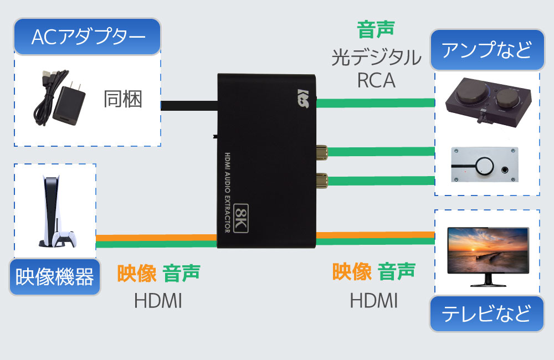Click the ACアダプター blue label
[88, 37]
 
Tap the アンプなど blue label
[486, 50]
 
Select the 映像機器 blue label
[54, 276]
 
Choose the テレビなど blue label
[486, 313]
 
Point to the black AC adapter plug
[69, 105]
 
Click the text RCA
[376, 81]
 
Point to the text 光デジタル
[376, 58]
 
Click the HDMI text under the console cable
[158, 301]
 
